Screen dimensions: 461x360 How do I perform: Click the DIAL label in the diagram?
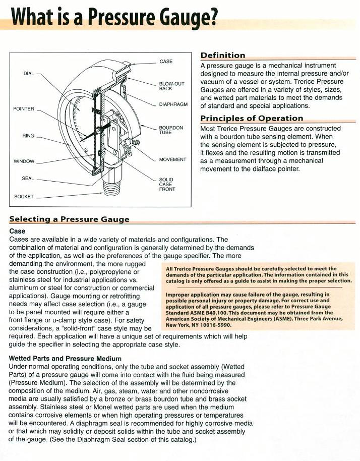click(x=29, y=74)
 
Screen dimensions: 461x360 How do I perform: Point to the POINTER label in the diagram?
click(x=24, y=109)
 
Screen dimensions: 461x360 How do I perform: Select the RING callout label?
click(x=28, y=136)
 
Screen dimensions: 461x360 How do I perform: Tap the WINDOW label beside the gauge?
click(x=24, y=161)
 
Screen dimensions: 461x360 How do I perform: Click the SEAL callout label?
click(x=28, y=179)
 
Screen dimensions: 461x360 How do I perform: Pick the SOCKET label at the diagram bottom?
click(x=24, y=196)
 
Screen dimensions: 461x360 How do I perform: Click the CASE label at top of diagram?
click(x=166, y=62)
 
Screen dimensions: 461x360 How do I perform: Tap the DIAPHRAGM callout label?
click(x=173, y=104)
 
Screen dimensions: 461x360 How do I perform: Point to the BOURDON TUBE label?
click(x=171, y=130)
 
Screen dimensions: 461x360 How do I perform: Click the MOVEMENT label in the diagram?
click(x=172, y=159)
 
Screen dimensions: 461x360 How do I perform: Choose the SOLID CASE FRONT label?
click(x=167, y=184)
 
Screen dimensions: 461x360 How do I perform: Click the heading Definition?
click(x=223, y=55)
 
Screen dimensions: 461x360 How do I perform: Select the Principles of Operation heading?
click(x=252, y=119)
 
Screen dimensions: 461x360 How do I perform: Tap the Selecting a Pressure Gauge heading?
click(x=70, y=219)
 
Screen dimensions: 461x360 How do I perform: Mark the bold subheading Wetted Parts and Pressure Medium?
click(x=65, y=359)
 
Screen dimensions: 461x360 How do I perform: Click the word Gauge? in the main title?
click(x=189, y=18)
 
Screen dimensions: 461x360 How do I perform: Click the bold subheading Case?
click(x=18, y=232)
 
